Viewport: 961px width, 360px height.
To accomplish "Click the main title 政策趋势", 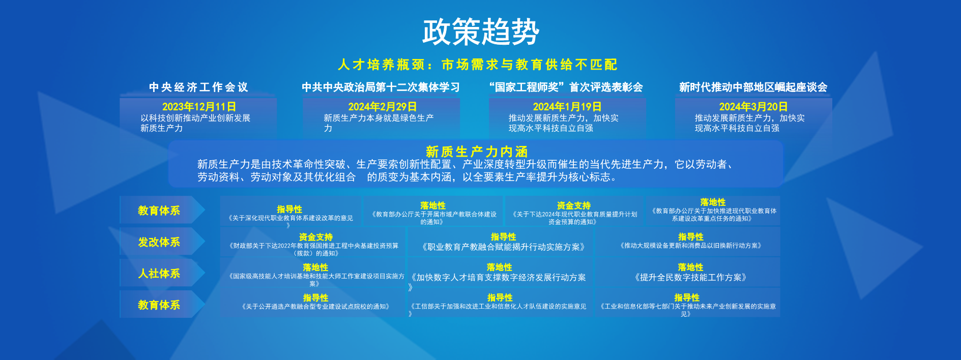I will [x=480, y=32].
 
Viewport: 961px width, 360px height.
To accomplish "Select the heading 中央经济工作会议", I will [x=198, y=87].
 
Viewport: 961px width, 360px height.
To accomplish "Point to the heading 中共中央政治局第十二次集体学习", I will [x=381, y=87].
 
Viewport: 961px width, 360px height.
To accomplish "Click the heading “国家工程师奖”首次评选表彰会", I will [x=566, y=87].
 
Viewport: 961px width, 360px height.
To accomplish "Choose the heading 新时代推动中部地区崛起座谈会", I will [x=753, y=87].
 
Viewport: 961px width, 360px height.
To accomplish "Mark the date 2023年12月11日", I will [x=199, y=107].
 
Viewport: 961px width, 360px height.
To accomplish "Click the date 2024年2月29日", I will [x=382, y=107].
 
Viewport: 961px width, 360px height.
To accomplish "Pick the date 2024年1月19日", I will [x=567, y=107].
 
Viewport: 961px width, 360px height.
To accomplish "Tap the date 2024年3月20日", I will [x=753, y=107].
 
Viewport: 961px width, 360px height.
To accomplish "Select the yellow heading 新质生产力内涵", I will [x=477, y=152].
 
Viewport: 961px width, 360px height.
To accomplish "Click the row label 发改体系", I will [x=159, y=242].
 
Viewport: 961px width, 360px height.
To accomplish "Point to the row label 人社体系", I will [x=159, y=274].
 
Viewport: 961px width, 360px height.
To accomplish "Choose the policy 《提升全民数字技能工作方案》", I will [x=690, y=278].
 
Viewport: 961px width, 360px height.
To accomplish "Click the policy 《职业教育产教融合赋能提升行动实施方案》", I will [x=503, y=247].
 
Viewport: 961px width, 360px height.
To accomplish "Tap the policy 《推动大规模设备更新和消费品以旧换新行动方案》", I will [x=690, y=246].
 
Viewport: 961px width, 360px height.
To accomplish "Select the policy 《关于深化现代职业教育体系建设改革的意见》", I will [x=290, y=219].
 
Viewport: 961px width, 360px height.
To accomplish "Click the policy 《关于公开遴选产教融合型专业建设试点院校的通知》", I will [x=315, y=307].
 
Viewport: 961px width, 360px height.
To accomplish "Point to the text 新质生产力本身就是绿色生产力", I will [x=378, y=123].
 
